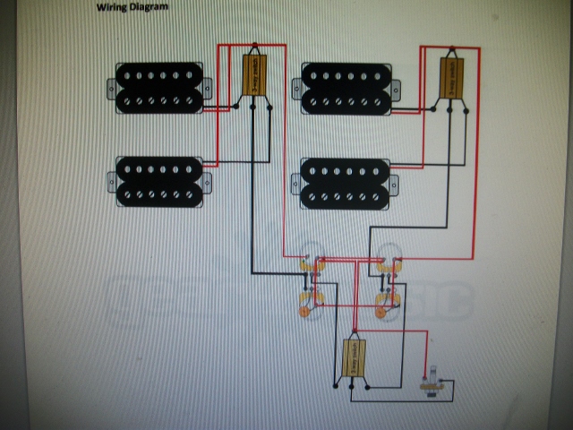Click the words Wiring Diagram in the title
pos(132,7)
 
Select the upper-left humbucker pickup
pos(160,88)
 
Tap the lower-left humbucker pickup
pos(160,182)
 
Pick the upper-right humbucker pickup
pos(346,88)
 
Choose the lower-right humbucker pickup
pos(345,183)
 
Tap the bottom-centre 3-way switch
pos(355,358)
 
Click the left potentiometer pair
pos(313,281)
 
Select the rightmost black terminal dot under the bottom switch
pos(367,388)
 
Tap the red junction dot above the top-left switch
pos(255,45)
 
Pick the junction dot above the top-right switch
pos(452,47)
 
